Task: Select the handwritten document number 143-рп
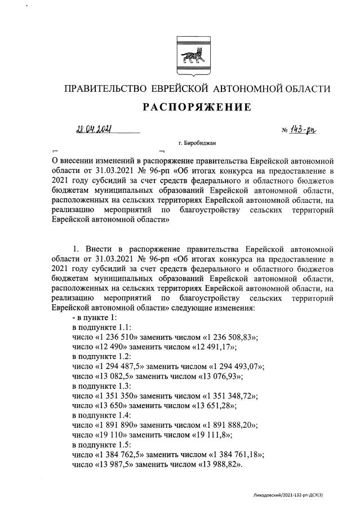point(303,131)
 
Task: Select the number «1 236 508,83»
point(232,337)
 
